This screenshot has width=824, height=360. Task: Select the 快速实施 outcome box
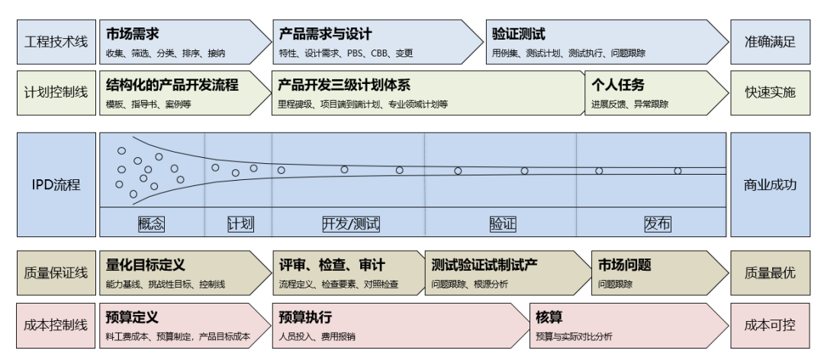[770, 93]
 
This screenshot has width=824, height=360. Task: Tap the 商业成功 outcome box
[770, 185]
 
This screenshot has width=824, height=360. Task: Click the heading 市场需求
[132, 34]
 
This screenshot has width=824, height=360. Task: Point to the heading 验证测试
[519, 34]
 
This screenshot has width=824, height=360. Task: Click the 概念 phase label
[152, 223]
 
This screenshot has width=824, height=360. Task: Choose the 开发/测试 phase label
[350, 223]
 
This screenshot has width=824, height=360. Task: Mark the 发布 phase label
[658, 223]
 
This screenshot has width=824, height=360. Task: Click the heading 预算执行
[305, 317]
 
